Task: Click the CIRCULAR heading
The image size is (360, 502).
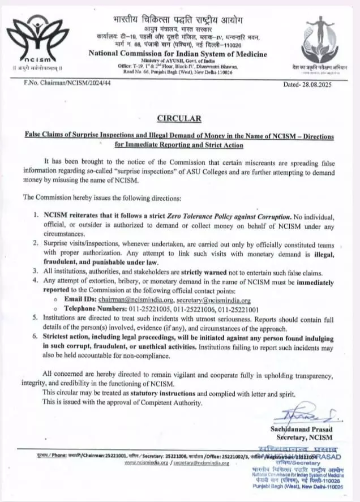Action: coord(179,118)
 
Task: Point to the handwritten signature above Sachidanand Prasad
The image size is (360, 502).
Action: coord(306,418)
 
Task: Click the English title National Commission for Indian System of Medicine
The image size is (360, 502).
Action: coord(178,53)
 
